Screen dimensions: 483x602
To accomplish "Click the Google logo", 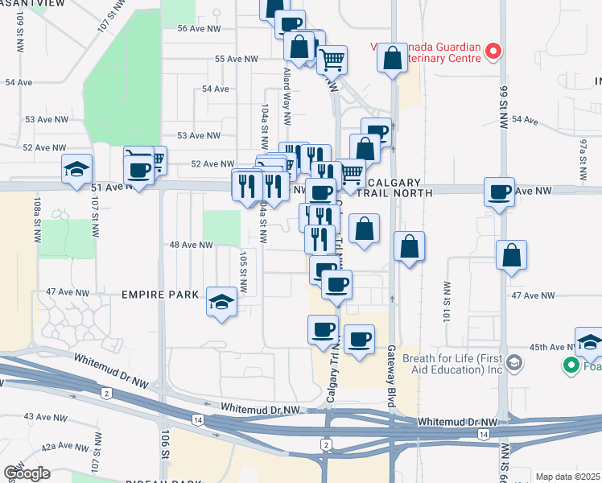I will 26,473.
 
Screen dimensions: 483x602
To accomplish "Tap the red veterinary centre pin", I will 493,52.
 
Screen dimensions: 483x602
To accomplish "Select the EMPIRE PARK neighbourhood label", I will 159,295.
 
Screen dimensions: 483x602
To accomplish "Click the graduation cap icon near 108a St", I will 77,170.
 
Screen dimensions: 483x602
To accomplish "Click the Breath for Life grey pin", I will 515,363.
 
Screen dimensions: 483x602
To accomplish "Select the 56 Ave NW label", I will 199,28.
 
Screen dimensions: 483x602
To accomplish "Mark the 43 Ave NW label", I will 44,416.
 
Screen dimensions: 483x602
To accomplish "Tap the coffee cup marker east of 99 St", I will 499,193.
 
